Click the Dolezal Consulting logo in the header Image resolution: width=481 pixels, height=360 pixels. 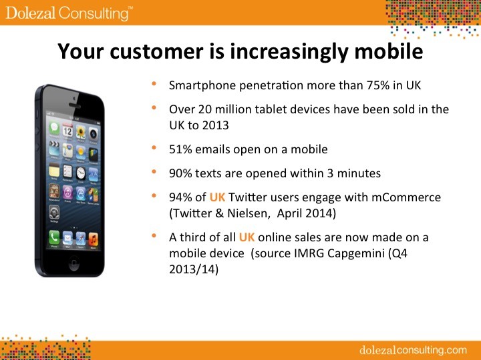click(x=69, y=13)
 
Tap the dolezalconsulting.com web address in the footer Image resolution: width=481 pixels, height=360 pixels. click(x=413, y=349)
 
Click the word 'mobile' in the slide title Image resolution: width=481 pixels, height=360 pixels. click(x=389, y=51)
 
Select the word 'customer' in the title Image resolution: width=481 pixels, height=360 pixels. click(x=156, y=51)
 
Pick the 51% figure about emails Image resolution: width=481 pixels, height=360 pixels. click(x=180, y=149)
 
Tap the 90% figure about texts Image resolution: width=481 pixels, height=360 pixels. click(x=180, y=173)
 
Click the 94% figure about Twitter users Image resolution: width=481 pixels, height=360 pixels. click(x=180, y=197)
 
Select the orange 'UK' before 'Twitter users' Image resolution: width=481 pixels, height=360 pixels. click(x=218, y=197)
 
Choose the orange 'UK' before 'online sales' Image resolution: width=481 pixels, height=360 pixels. click(x=247, y=237)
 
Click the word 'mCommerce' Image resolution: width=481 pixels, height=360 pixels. click(x=406, y=197)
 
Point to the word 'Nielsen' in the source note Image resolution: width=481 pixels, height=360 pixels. click(x=248, y=213)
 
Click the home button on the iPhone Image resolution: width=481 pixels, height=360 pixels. click(x=74, y=263)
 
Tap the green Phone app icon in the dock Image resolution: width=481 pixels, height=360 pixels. click(x=54, y=237)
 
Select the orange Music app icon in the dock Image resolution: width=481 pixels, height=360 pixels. click(x=94, y=239)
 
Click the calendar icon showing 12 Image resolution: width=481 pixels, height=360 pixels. click(x=67, y=131)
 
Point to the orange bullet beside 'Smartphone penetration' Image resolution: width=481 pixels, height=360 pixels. click(x=154, y=83)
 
